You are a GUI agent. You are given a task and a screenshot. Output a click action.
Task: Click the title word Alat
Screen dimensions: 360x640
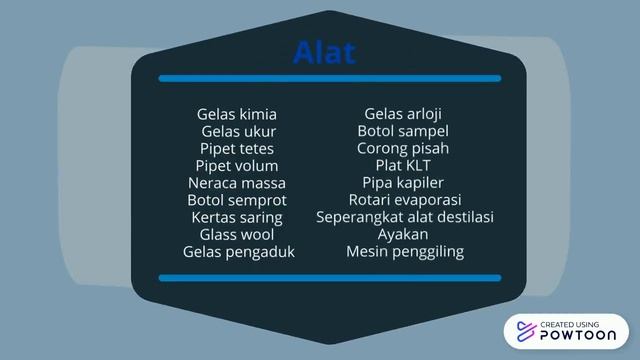(325, 52)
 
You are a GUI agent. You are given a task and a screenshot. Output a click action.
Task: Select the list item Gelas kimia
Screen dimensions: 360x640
(237, 114)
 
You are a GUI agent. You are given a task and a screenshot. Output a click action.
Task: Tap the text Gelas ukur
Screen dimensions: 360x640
(238, 131)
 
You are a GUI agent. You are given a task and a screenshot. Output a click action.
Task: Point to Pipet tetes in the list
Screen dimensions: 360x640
(237, 148)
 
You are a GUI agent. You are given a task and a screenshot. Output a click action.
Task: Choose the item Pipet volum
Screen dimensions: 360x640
(237, 165)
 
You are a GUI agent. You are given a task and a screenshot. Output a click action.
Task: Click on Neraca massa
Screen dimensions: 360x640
(237, 183)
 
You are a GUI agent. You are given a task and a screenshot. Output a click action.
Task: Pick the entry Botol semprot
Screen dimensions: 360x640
(237, 200)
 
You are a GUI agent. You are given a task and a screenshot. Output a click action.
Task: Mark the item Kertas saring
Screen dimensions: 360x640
(237, 217)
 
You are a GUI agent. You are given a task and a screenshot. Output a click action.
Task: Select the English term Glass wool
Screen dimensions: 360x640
(237, 234)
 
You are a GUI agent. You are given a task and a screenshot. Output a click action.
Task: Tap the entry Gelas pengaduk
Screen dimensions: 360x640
(238, 252)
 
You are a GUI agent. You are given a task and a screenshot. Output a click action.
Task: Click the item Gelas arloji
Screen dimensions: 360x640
(403, 114)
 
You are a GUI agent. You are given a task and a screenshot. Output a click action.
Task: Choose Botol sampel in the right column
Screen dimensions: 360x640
(403, 131)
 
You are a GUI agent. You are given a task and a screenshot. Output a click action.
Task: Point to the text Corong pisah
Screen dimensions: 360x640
(403, 148)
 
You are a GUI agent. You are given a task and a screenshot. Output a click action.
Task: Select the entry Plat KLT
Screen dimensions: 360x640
(403, 165)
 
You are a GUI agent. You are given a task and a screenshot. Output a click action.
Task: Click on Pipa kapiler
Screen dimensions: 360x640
(403, 183)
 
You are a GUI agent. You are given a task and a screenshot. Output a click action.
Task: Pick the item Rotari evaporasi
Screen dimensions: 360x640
(404, 200)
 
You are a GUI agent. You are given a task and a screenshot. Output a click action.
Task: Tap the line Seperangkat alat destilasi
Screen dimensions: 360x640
(405, 217)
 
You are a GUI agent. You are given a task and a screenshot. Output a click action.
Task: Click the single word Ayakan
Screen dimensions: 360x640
(403, 234)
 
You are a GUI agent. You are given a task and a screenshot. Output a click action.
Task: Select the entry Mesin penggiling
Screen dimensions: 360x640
(405, 252)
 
